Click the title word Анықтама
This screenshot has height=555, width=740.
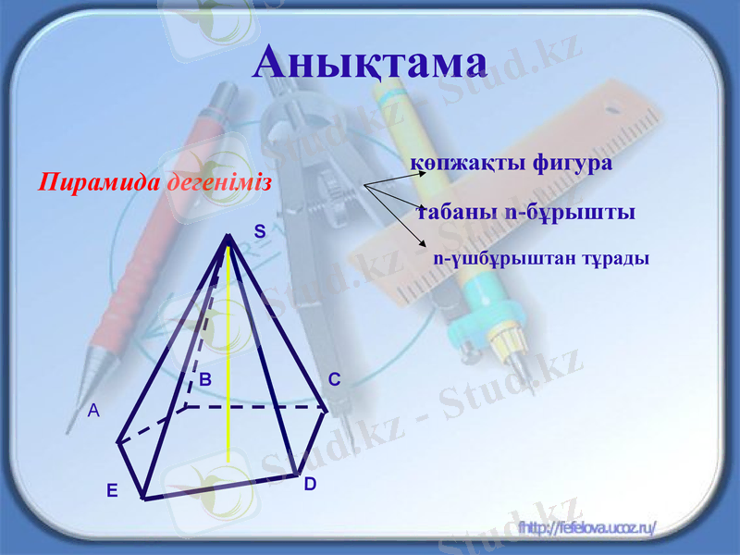tap(370, 61)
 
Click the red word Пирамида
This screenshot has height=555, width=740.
tap(99, 181)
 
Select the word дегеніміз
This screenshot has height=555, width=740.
tap(219, 181)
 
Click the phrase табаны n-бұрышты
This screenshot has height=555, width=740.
tap(525, 213)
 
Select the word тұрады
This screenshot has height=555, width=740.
tap(611, 258)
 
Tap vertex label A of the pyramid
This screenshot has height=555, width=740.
tap(93, 413)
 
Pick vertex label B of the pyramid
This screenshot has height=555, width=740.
tap(205, 379)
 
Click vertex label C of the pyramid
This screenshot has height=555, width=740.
tap(334, 379)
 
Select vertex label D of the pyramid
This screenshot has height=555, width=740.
tap(310, 483)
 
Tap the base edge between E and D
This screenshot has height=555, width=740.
tap(222, 487)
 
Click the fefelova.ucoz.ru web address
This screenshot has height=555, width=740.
tap(587, 527)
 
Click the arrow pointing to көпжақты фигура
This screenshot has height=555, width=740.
tap(388, 176)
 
